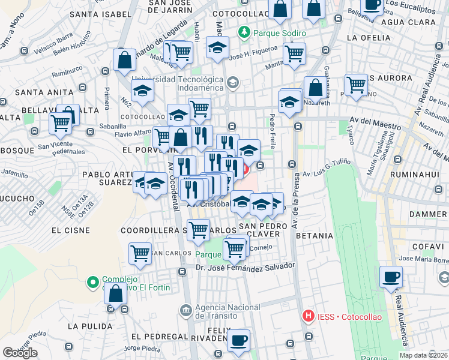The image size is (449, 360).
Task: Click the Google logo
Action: coord(20,353)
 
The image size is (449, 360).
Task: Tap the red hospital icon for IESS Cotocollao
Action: coord(309,315)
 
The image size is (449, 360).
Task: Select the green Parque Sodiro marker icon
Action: coord(244,32)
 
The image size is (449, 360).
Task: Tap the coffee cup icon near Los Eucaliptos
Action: coord(373,5)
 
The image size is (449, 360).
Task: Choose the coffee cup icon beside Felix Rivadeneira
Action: coord(238,340)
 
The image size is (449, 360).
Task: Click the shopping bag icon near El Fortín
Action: coord(116,293)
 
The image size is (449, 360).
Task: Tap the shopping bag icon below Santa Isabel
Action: coord(124,60)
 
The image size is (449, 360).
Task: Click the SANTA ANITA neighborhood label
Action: coord(40,92)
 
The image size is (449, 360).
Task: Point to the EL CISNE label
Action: coord(70,230)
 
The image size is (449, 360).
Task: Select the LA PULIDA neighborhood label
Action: coord(90,326)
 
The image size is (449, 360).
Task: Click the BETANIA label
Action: coord(315,236)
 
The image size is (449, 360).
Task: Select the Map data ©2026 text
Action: coord(424,355)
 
